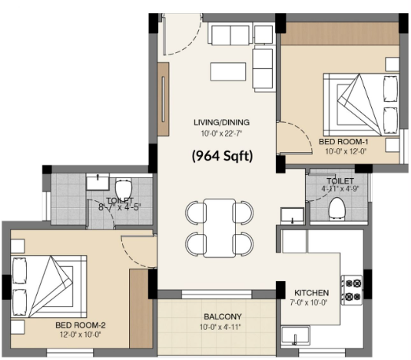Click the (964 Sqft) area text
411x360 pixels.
222,157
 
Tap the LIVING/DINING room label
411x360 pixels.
221,122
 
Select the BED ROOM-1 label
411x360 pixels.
343,142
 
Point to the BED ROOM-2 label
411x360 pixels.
81,325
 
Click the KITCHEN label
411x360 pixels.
311,292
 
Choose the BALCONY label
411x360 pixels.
223,316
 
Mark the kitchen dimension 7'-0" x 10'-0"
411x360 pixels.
309,302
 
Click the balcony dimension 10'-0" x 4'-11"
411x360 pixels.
220,327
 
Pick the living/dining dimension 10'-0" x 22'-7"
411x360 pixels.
221,134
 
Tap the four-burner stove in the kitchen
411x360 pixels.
352,290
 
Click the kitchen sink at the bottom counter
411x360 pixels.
296,336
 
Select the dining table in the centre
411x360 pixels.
220,228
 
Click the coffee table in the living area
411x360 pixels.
228,71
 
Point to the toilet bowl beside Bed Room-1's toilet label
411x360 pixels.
336,208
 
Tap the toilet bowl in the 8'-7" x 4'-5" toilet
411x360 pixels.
123,190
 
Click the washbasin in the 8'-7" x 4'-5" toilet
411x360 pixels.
98,182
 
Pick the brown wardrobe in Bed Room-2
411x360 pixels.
141,309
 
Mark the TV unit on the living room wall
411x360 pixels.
163,99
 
